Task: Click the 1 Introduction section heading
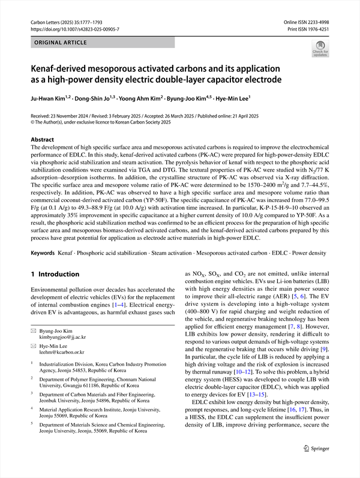click(55, 274)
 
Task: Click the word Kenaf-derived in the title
click(63, 68)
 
